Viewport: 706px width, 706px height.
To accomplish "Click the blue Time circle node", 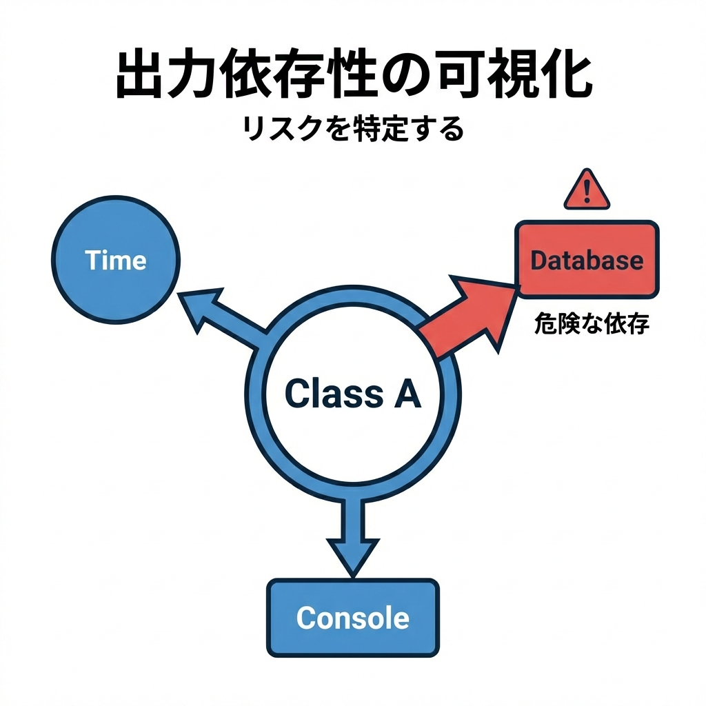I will coord(116,259).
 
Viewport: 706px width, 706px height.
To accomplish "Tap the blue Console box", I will coord(352,617).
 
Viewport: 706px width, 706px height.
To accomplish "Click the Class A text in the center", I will coord(352,394).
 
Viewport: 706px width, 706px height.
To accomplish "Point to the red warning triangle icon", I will coord(587,190).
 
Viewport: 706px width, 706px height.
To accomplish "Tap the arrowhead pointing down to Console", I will coord(352,552).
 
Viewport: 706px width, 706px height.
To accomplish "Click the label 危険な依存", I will coord(592,324).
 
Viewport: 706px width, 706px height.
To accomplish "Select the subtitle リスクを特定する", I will coord(352,129).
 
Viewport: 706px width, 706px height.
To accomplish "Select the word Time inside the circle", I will coord(116,260).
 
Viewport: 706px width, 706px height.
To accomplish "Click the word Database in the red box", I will coord(587,261).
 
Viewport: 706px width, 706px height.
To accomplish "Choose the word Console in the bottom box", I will coord(352,618).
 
